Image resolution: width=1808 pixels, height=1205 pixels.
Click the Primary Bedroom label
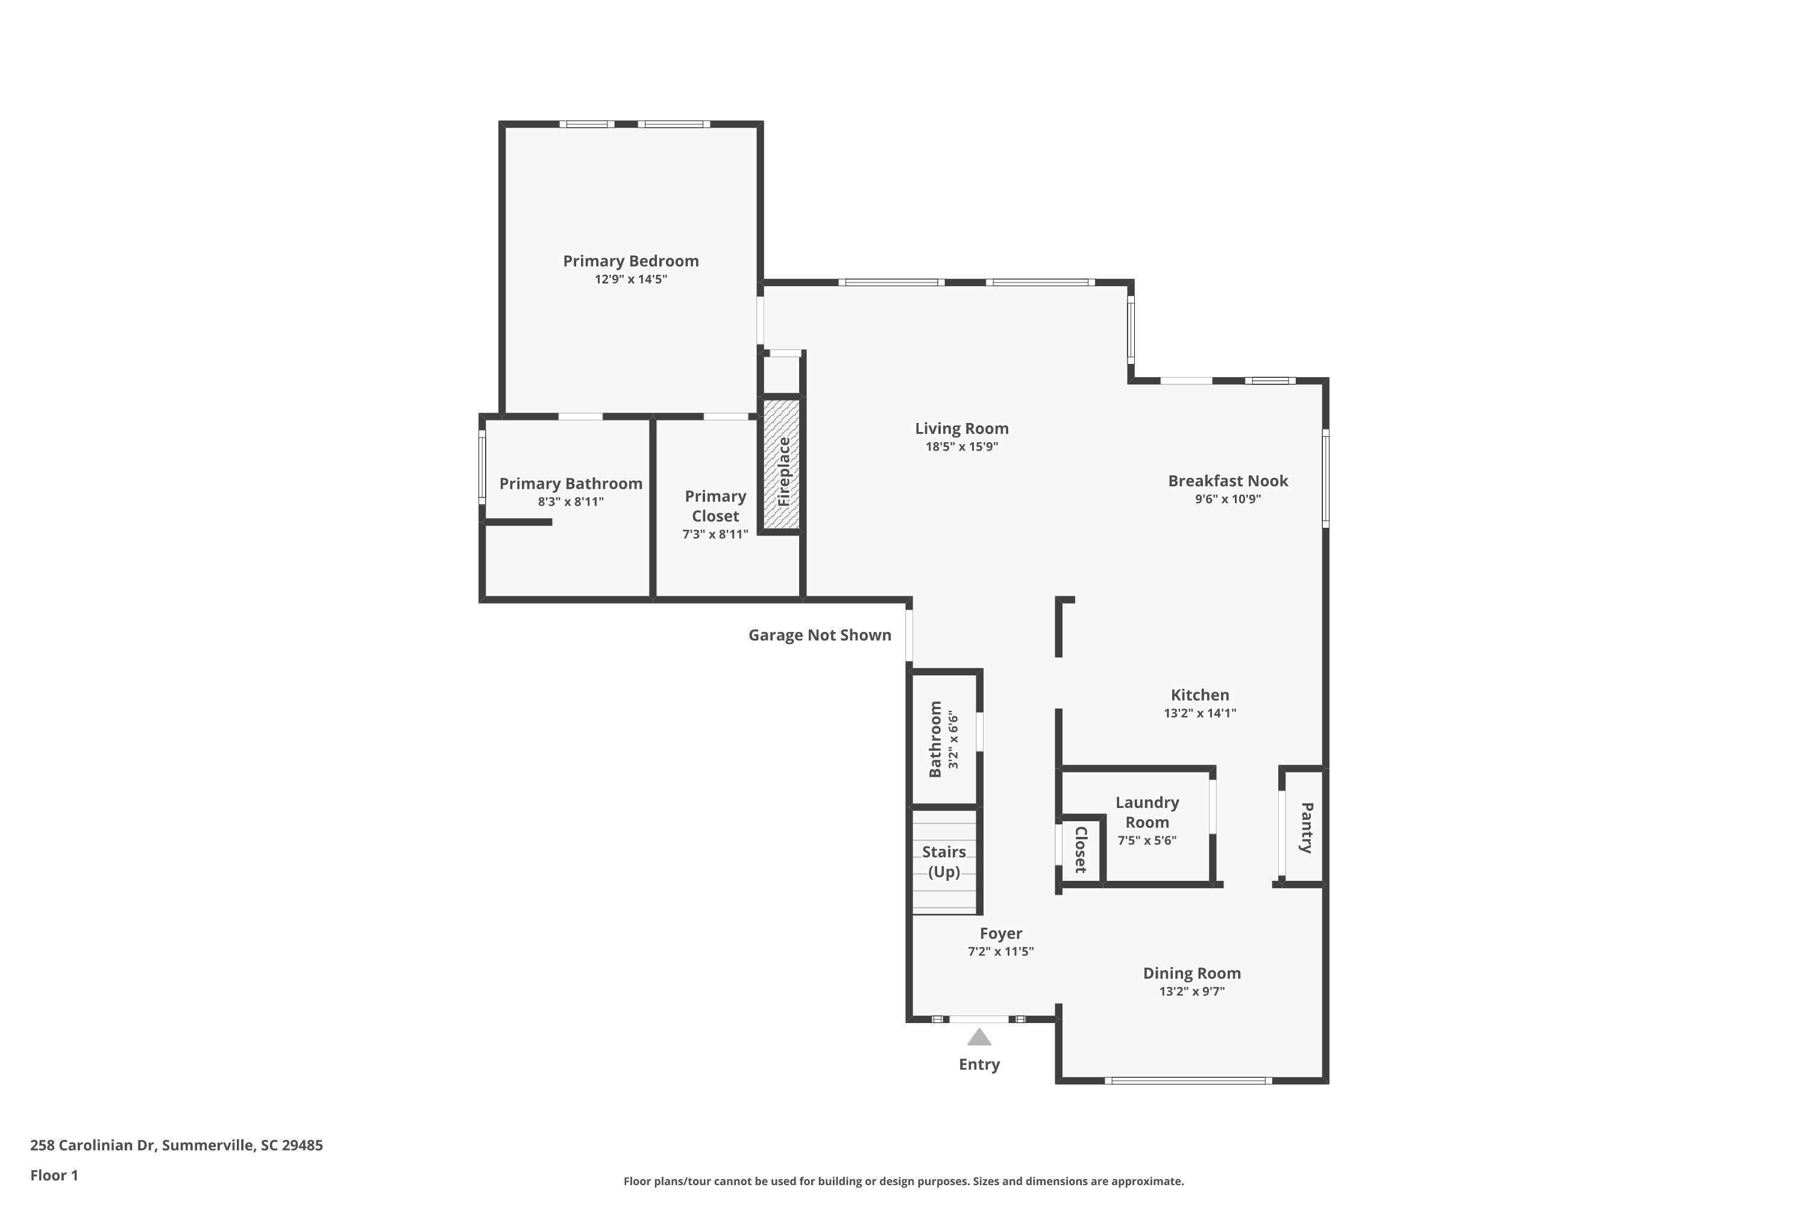coord(630,261)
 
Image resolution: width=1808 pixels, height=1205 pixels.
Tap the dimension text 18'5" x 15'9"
coord(962,446)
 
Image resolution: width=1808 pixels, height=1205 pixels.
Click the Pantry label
coord(1306,828)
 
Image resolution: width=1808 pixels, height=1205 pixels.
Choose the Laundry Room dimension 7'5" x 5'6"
coord(1147,840)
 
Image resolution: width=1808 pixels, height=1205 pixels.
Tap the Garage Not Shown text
coord(820,635)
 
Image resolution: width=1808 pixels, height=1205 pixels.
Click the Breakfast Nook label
coord(1228,481)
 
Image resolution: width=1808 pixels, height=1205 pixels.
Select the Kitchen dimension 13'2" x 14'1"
coord(1200,713)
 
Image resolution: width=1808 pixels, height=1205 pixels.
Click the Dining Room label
coord(1191,973)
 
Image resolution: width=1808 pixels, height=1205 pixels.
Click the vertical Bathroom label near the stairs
coord(935,739)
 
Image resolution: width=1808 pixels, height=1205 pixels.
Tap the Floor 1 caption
coord(54,1175)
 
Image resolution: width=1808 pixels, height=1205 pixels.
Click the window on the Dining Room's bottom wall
coord(1188,1080)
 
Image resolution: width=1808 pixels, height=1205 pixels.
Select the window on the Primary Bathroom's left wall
coord(482,468)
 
